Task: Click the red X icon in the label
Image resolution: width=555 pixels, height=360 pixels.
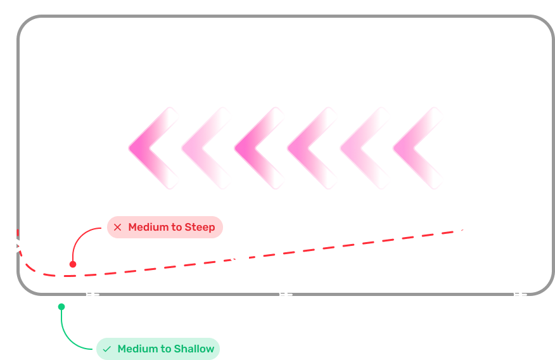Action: click(x=117, y=227)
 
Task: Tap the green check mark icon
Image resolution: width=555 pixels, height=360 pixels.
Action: click(x=106, y=349)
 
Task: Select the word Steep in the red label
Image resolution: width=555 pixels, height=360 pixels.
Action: click(x=200, y=227)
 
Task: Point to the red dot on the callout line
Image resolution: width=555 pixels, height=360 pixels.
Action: click(x=73, y=264)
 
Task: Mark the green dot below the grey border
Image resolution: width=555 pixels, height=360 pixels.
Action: click(x=61, y=307)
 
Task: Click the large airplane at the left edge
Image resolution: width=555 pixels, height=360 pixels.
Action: click(x=21, y=247)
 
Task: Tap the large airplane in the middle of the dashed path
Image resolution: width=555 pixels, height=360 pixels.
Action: click(x=244, y=258)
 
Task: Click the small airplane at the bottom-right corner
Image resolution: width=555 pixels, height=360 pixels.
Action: click(x=520, y=294)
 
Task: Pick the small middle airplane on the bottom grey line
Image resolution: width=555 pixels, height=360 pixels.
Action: click(x=284, y=294)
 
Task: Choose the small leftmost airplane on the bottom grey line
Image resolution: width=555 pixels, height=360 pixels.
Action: click(x=92, y=294)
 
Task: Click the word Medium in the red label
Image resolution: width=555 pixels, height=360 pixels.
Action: click(x=146, y=227)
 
